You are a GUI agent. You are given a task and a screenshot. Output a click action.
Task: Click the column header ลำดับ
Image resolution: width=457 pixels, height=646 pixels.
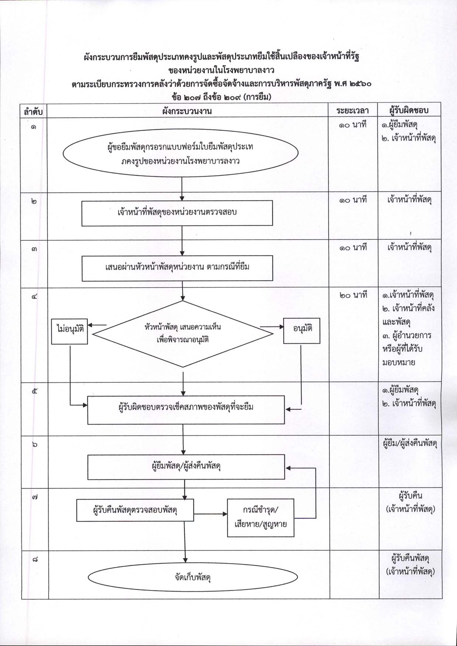click(33, 111)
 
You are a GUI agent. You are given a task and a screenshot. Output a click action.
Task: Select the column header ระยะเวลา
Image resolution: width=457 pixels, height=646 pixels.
click(353, 110)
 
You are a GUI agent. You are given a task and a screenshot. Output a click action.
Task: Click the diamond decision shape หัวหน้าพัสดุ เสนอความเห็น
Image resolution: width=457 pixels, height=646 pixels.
click(183, 334)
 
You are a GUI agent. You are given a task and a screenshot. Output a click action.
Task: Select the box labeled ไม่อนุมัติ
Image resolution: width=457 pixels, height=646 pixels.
click(70, 331)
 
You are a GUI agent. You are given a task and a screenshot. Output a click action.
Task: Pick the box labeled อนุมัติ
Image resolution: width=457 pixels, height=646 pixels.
click(301, 331)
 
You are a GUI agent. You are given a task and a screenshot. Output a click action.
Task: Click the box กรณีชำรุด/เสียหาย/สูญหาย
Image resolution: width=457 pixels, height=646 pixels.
click(261, 517)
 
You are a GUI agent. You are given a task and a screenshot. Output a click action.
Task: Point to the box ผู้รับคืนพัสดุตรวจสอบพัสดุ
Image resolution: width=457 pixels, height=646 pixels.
click(135, 510)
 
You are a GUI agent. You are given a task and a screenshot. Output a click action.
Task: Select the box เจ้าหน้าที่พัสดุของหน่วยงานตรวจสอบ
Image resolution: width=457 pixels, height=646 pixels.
click(177, 213)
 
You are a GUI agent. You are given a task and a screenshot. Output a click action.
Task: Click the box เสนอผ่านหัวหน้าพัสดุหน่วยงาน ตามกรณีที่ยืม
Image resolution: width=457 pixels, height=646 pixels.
click(177, 268)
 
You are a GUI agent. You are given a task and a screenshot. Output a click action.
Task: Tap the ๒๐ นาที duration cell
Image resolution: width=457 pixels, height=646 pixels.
click(353, 295)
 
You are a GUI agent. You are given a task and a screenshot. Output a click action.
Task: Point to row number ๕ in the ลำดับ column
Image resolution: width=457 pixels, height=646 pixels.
click(34, 392)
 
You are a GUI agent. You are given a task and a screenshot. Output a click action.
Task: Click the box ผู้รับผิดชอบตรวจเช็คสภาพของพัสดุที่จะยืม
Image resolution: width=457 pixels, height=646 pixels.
click(186, 410)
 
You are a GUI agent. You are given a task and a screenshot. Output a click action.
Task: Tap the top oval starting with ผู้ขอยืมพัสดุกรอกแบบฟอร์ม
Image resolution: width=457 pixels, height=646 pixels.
click(181, 154)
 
